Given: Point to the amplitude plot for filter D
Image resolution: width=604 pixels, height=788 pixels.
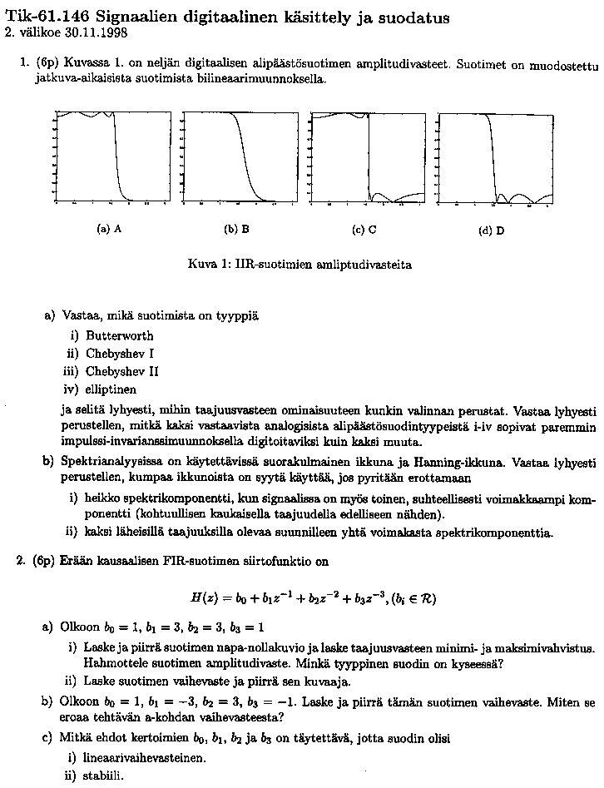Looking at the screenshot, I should tap(496, 156).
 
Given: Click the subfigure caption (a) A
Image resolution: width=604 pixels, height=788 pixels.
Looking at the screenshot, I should tap(110, 229).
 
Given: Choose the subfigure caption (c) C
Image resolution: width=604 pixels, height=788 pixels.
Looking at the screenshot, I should tap(364, 229).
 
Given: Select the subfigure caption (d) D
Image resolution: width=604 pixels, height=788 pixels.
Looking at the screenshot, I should tap(492, 230).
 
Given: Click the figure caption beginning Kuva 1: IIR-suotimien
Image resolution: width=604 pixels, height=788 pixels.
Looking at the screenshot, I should tap(300, 265).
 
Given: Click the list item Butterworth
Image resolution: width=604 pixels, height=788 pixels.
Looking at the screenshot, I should tap(119, 336).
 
